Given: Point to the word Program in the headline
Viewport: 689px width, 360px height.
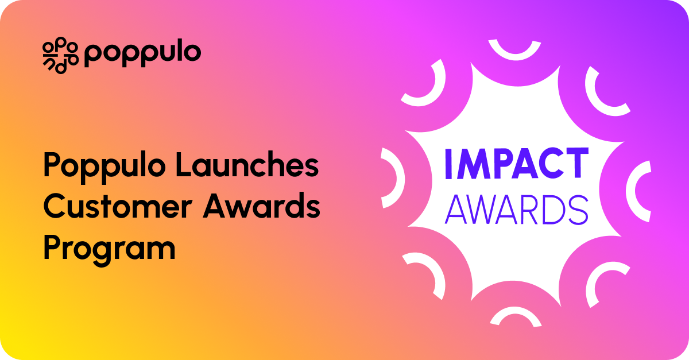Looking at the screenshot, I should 109,250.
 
